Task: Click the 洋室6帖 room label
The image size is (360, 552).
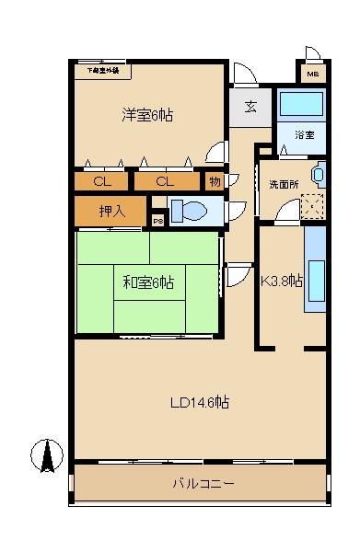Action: click(x=148, y=115)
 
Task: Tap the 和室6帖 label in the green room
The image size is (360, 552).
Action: click(x=148, y=282)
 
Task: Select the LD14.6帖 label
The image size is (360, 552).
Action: click(x=199, y=403)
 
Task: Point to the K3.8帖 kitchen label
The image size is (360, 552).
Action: click(x=282, y=282)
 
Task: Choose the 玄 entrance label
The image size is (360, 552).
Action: click(x=250, y=105)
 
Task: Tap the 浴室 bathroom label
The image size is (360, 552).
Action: click(x=304, y=134)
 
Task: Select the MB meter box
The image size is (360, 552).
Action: click(x=312, y=75)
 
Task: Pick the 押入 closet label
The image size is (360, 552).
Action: click(x=111, y=212)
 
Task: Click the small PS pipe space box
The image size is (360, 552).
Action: click(x=157, y=220)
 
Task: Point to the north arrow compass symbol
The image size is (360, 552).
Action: click(x=44, y=454)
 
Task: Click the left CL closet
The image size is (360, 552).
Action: click(x=103, y=181)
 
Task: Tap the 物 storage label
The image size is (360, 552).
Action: click(x=214, y=181)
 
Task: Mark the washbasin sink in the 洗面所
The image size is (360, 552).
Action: click(x=319, y=174)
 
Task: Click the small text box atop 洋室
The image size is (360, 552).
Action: click(x=103, y=70)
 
